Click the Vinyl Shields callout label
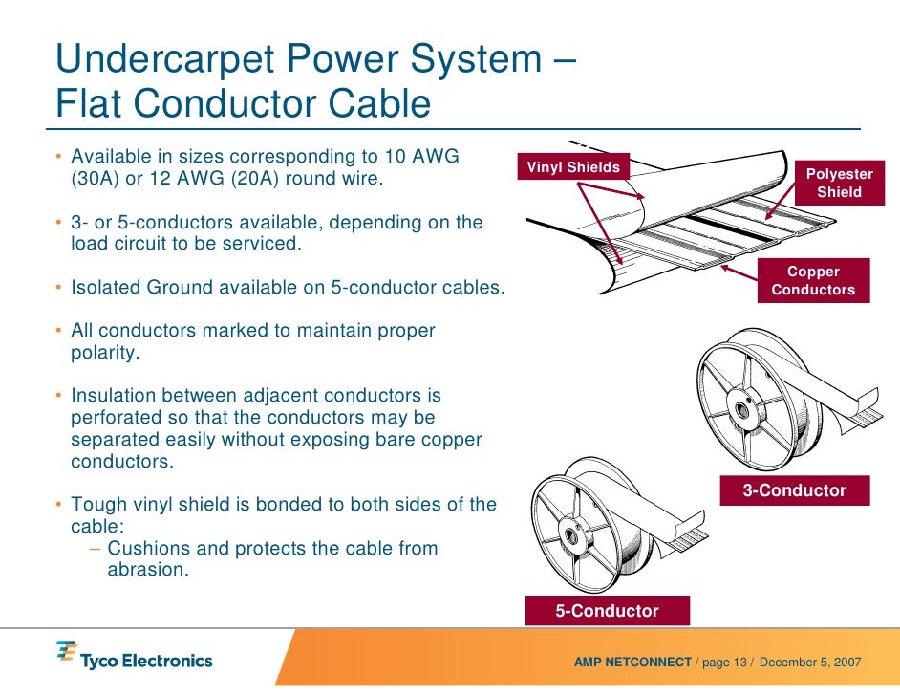tap(573, 167)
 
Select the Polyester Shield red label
tap(839, 183)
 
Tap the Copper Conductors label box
tap(813, 280)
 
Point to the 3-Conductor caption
tap(795, 490)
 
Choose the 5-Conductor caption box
tap(608, 610)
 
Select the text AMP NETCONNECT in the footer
tap(632, 663)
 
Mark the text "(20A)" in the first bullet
tap(288, 179)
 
